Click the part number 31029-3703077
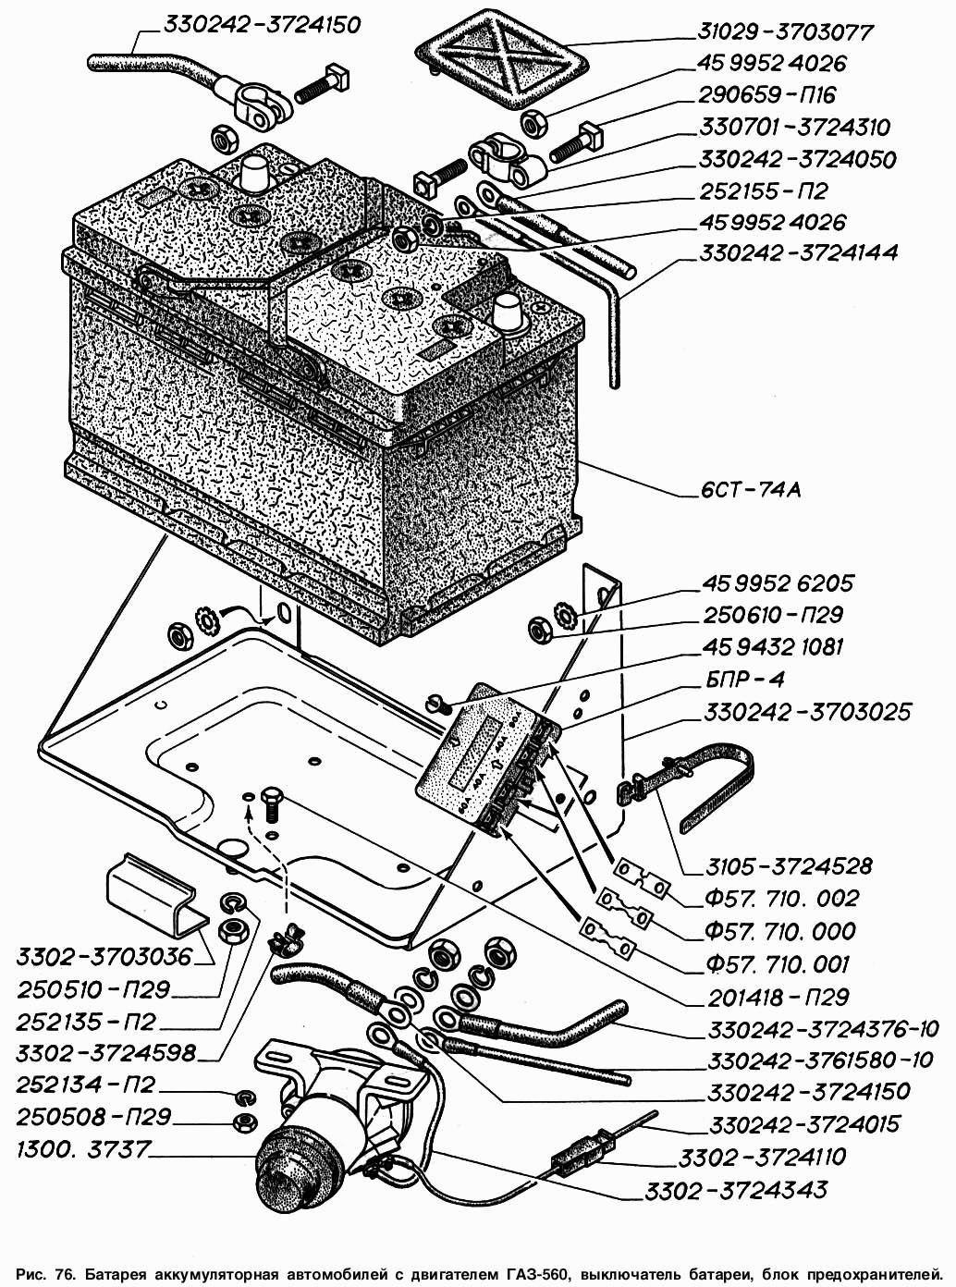(785, 32)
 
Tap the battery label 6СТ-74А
(749, 489)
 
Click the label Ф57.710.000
(779, 931)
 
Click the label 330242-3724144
(798, 253)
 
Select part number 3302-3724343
(753, 1188)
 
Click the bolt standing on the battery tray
(272, 807)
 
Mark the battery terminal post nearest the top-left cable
(254, 171)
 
